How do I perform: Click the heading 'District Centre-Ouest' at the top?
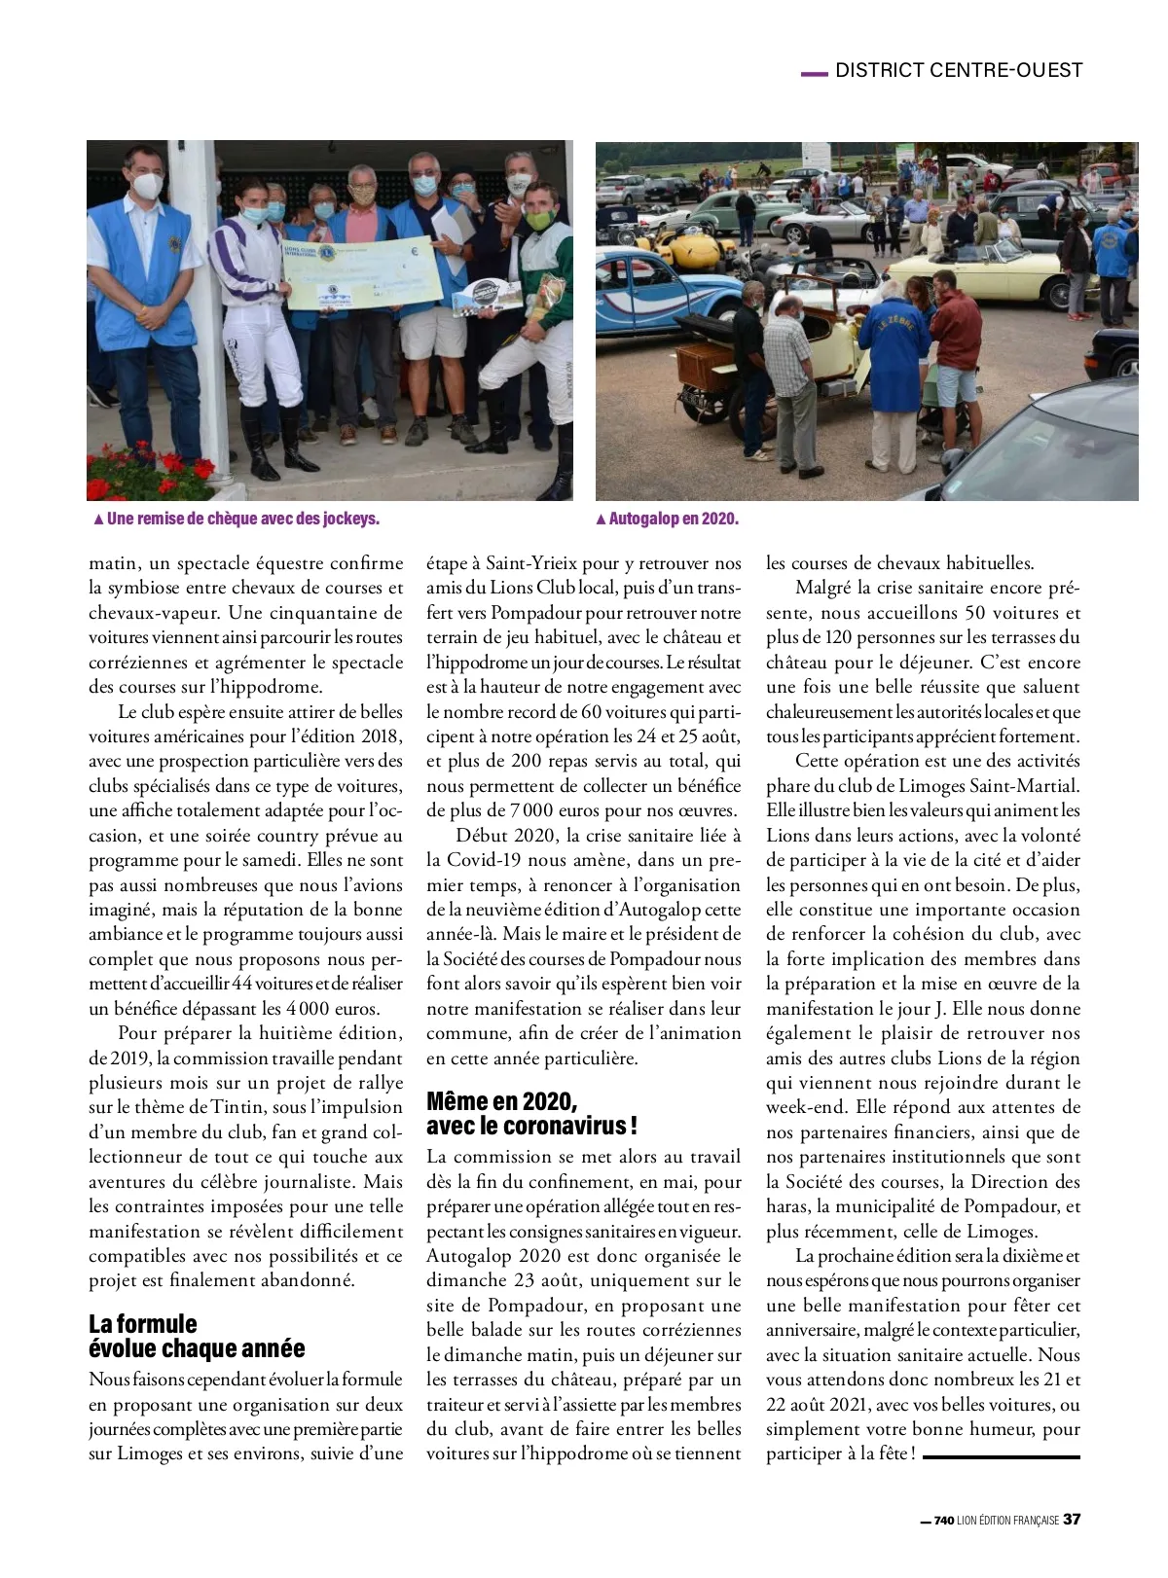pyautogui.click(x=959, y=70)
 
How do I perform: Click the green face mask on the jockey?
pyautogui.click(x=539, y=220)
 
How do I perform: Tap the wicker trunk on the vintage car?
pyautogui.click(x=704, y=366)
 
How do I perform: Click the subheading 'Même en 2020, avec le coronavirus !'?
pyautogui.click(x=531, y=1114)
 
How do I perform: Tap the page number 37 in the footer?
pyautogui.click(x=1072, y=1519)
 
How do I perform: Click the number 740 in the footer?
pyautogui.click(x=943, y=1521)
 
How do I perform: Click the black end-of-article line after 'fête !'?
pyautogui.click(x=1002, y=1456)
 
